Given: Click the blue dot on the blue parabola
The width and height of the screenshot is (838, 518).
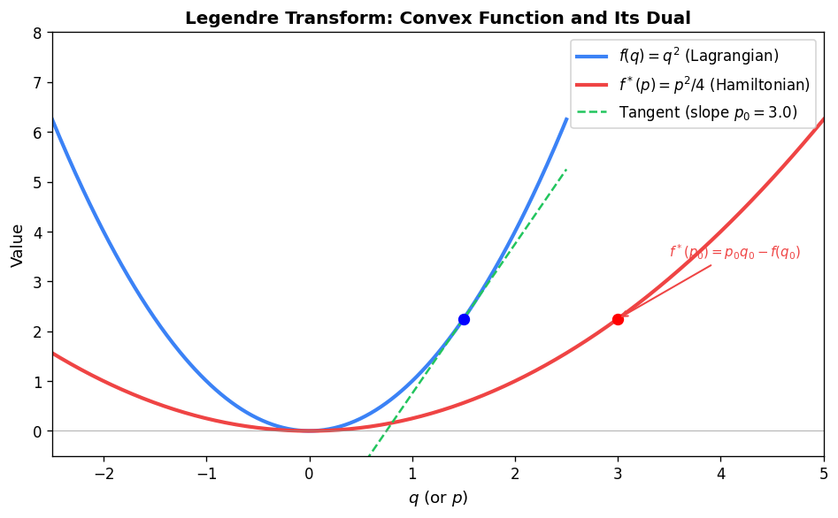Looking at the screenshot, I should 464,319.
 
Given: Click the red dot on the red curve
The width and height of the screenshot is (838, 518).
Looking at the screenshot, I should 618,319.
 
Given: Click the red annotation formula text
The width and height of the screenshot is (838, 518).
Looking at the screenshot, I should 734,253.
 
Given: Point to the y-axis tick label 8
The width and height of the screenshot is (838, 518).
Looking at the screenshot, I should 37,33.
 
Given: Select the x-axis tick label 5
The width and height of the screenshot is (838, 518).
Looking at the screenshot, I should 824,474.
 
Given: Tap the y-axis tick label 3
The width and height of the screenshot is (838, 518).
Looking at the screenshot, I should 37,282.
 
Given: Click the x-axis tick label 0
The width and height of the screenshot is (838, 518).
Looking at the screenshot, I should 310,474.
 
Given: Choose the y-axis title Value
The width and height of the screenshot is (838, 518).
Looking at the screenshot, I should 17,245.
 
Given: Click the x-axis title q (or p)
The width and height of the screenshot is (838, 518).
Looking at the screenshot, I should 438,498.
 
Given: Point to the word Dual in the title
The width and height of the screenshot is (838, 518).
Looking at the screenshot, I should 671,18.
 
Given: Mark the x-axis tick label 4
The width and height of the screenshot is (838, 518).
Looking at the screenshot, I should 720,474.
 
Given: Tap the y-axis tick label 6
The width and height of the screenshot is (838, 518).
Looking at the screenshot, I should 37,133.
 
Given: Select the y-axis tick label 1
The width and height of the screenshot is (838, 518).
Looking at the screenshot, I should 37,382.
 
